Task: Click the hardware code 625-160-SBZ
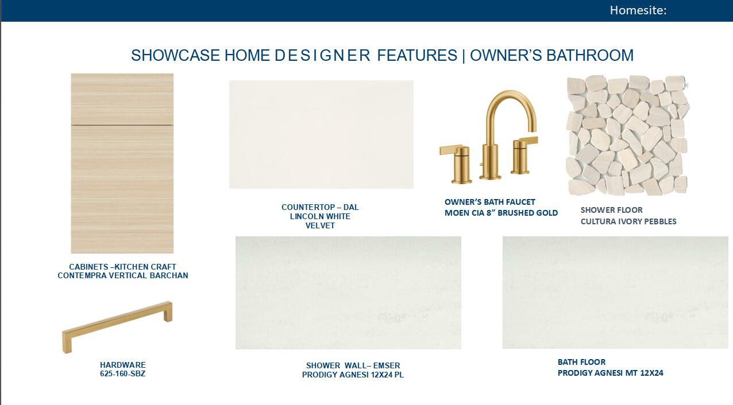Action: [122, 374]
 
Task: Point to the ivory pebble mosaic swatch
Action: [627, 135]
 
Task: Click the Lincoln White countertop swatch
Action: [321, 134]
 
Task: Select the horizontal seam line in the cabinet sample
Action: [122, 124]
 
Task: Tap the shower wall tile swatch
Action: [348, 293]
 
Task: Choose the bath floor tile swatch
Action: [615, 292]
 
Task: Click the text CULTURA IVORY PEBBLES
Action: [628, 221]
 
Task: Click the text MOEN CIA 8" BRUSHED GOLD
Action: [501, 213]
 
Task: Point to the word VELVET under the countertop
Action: [320, 226]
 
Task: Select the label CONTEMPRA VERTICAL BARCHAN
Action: [122, 275]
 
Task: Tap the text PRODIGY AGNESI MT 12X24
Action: [610, 373]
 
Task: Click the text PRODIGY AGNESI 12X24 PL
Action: [353, 375]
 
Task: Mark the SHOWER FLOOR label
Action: [611, 210]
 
